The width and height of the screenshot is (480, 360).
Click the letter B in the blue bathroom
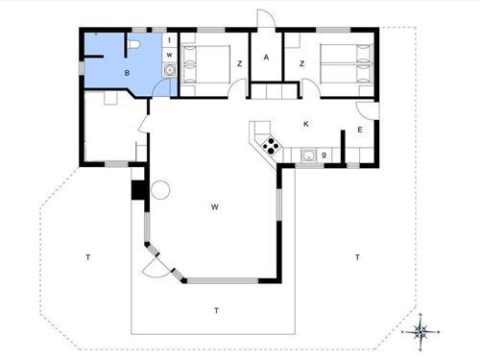pos(127,72)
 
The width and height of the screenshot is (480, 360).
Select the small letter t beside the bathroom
pos(169,40)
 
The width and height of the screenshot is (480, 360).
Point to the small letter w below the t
pos(169,55)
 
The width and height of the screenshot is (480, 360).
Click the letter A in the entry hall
pos(266,59)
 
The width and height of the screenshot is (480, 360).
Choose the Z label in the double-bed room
pos(239,63)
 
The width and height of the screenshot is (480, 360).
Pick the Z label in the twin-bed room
pos(301,63)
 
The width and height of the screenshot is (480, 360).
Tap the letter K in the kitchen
pos(305,124)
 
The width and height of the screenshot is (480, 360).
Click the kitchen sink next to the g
pos(308,155)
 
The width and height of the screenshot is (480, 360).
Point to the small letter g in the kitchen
pos(324,154)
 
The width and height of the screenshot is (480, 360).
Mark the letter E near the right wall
pos(360,130)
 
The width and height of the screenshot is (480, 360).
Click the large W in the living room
pos(216,206)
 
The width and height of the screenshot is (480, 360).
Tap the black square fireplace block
pos(138,189)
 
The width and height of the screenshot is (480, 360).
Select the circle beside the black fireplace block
pos(158,188)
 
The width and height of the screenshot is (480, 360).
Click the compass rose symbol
pos(420,332)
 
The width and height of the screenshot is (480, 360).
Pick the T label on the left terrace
pos(87,257)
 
